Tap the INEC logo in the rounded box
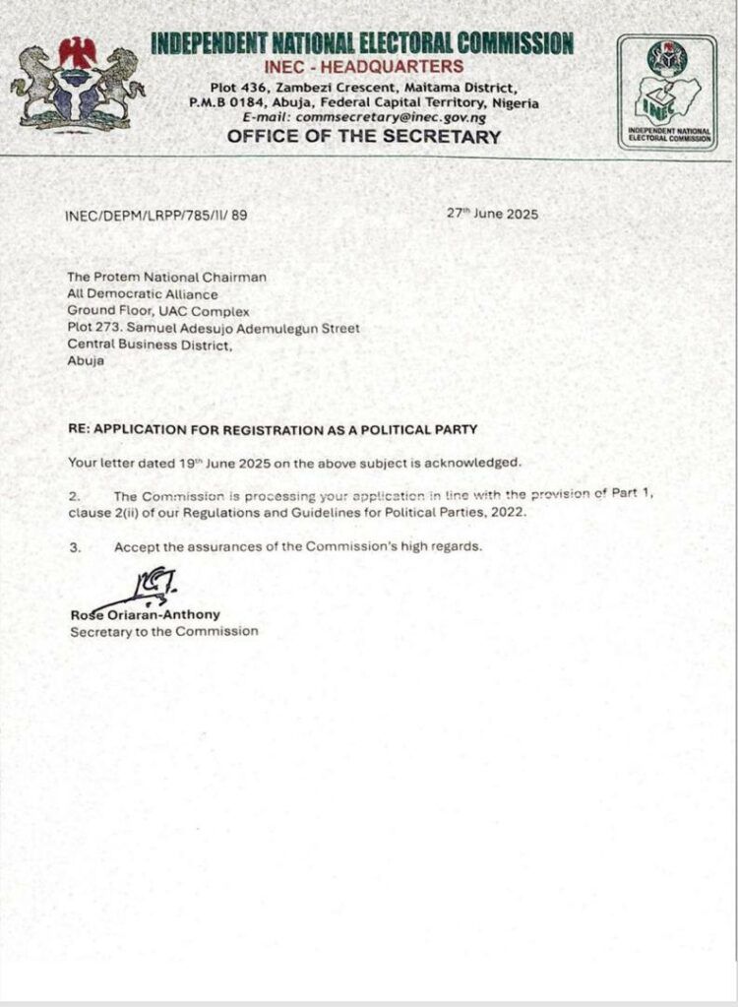(667, 92)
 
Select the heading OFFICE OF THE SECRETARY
(364, 137)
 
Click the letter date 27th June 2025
(493, 214)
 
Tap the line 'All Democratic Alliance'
(143, 293)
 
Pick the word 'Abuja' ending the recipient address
(86, 360)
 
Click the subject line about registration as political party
(273, 429)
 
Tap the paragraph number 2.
(74, 496)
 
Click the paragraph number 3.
(74, 546)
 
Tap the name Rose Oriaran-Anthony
(145, 614)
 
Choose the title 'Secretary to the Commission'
(163, 631)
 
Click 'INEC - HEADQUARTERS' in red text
(363, 66)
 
